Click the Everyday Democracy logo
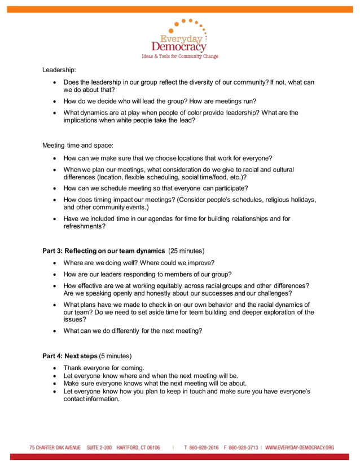point(179,38)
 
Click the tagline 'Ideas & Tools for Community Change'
point(179,56)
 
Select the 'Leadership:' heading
point(59,71)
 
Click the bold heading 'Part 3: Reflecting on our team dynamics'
point(103,250)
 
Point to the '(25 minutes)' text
point(186,250)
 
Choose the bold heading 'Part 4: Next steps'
point(69,356)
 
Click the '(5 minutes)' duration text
point(115,356)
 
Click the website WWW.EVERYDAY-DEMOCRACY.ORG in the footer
point(300,447)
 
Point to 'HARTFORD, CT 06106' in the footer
point(138,447)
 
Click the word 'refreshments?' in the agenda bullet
point(84,226)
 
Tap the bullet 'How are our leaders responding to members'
point(147,274)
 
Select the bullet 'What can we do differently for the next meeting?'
point(133,331)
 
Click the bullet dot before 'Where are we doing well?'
point(54,263)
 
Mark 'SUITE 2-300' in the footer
point(100,447)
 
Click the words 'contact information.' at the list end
point(91,399)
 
